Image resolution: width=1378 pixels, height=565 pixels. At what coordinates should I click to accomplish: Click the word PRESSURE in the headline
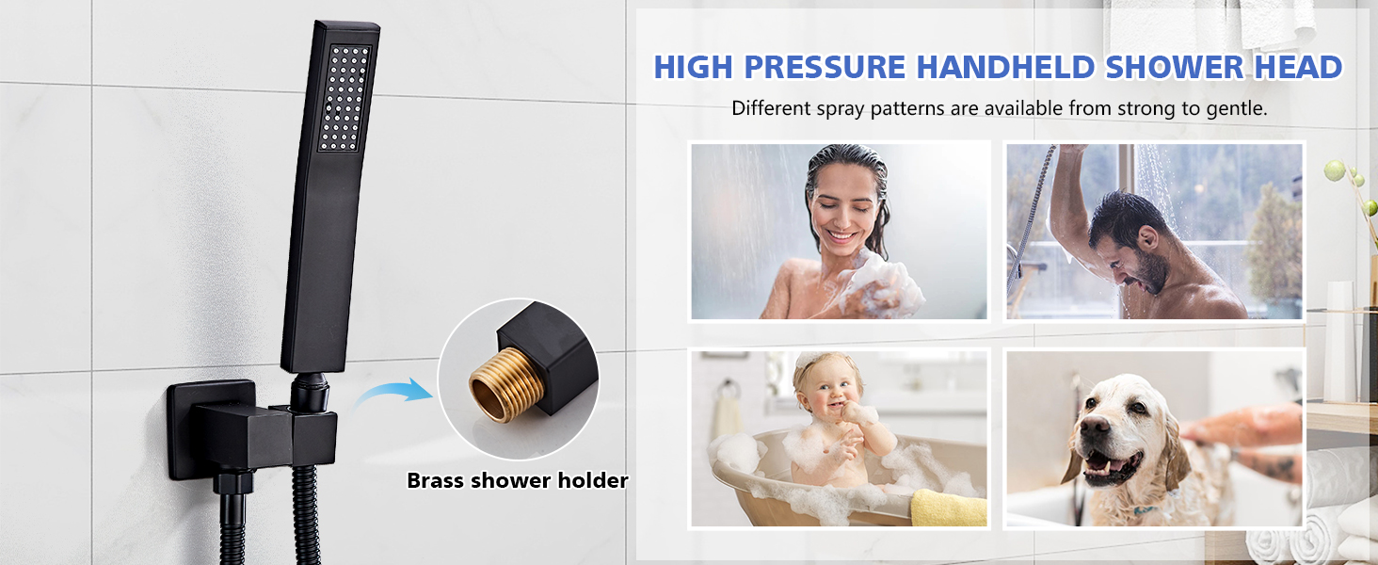[x=825, y=68]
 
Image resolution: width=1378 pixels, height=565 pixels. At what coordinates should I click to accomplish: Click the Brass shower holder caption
[x=517, y=480]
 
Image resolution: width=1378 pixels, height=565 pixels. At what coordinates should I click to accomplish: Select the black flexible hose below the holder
[x=232, y=527]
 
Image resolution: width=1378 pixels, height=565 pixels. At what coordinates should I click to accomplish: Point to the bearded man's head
[x=1132, y=235]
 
